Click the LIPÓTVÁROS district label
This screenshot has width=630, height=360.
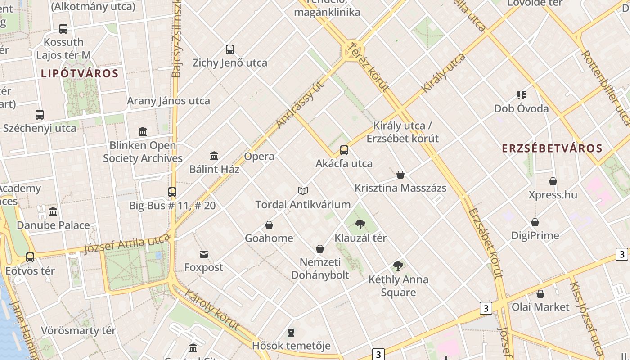tap(80, 73)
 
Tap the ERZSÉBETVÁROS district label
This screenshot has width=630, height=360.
tap(552, 148)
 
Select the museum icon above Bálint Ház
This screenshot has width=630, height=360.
tap(214, 156)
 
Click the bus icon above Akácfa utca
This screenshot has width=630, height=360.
tap(344, 150)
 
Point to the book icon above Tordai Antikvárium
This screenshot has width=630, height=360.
tap(303, 191)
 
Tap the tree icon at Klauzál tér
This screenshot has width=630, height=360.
tap(360, 224)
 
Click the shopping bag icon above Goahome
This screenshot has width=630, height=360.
tap(269, 225)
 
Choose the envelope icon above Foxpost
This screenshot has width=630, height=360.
tap(204, 254)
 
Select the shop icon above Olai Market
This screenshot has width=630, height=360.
tap(540, 294)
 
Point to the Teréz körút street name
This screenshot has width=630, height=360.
tap(368, 67)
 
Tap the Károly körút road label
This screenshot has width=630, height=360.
tap(211, 310)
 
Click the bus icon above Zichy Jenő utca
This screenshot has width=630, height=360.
tap(230, 49)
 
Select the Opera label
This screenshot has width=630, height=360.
tap(259, 157)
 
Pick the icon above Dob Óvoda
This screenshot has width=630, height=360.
tap(522, 95)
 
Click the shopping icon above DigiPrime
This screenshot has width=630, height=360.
tap(535, 222)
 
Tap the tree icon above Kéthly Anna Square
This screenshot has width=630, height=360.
tap(398, 266)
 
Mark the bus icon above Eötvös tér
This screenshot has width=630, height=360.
tap(30, 257)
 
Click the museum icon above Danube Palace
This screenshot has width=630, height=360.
tap(53, 211)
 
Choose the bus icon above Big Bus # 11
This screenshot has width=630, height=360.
tap(172, 192)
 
